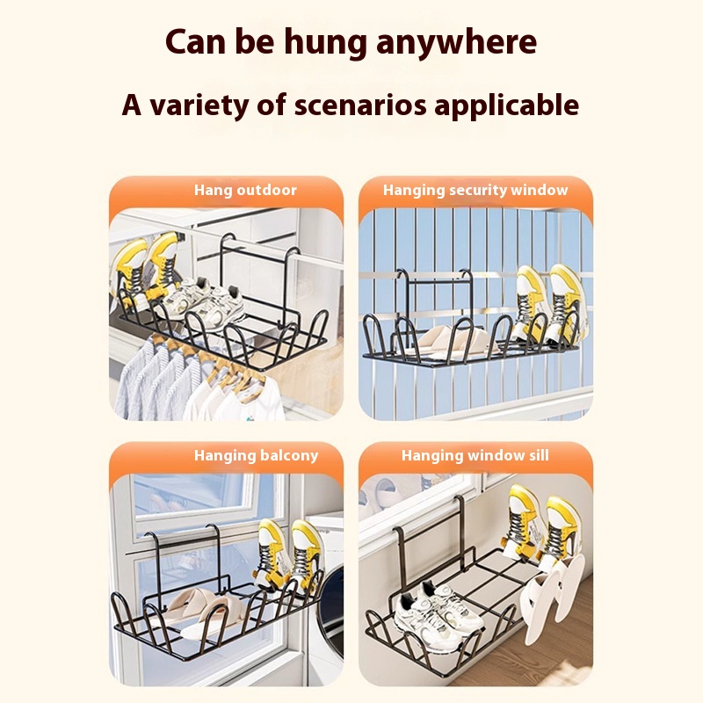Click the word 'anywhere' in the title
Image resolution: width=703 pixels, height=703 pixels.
click(x=456, y=43)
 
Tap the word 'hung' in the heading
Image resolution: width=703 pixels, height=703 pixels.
click(x=325, y=42)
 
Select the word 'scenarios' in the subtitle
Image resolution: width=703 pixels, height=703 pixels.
click(x=360, y=105)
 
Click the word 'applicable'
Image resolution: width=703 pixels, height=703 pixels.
click(x=507, y=105)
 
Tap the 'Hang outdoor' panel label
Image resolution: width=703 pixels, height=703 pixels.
click(x=245, y=190)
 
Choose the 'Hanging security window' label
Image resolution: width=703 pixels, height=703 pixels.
click(x=475, y=190)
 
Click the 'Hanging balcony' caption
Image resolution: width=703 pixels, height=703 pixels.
click(x=256, y=455)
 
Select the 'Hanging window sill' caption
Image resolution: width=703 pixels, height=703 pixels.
click(x=475, y=455)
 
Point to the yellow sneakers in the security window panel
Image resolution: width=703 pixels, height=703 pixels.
click(x=547, y=305)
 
